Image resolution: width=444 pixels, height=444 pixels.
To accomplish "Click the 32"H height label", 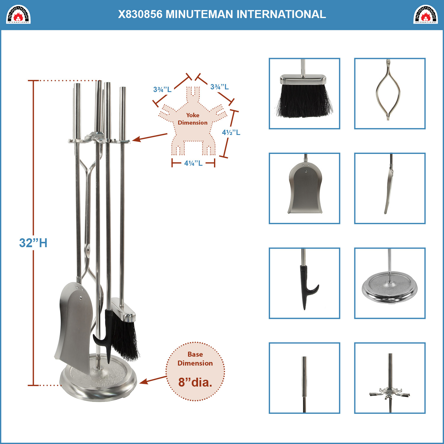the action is click(x=33, y=243).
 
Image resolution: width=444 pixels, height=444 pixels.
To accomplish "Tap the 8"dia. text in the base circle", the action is click(x=195, y=382).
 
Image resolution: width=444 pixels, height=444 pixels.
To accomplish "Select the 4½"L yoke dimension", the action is click(x=231, y=132).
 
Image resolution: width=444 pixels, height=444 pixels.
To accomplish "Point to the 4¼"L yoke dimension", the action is click(x=193, y=163).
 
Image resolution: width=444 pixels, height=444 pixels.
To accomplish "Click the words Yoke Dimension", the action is click(x=193, y=119).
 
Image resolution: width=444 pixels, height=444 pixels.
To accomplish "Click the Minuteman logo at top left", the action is click(x=18, y=15).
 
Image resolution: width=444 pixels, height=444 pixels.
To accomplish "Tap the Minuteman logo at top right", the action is click(x=425, y=15).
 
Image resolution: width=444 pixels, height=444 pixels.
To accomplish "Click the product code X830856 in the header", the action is click(x=140, y=14).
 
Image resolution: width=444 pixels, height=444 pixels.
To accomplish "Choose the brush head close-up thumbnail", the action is click(x=304, y=94).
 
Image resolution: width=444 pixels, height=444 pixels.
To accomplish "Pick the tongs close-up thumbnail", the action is click(x=390, y=94).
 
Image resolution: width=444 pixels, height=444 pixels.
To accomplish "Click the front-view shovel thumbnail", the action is click(x=304, y=188).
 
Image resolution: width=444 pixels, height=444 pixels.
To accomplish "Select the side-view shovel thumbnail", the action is click(x=390, y=188).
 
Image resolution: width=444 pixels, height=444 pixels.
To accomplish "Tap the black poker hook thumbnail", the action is click(x=304, y=283).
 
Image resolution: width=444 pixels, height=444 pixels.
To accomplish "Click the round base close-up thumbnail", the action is click(x=390, y=283).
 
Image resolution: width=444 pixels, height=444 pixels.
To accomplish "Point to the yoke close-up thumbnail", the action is click(x=390, y=378).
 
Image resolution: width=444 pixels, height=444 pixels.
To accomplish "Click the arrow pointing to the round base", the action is click(x=153, y=380).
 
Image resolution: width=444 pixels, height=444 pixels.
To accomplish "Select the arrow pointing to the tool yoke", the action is click(x=149, y=138).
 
